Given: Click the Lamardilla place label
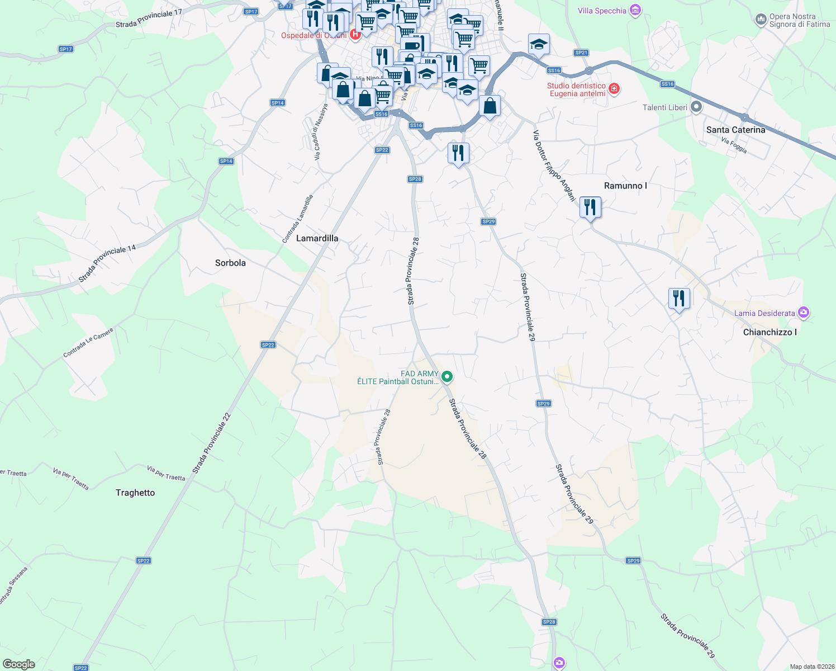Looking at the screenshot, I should coord(317,238).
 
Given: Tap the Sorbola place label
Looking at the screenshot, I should coord(230,263).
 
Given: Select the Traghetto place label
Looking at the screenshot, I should coord(135,493).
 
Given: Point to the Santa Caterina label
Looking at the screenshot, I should coord(735,130).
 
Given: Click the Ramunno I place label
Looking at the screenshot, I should coord(625,186).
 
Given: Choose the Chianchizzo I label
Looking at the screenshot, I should coord(769,332).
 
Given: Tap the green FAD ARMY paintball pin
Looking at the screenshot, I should coord(447,377).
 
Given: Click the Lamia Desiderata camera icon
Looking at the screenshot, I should coord(804,313).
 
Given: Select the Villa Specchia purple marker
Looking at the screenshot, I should coord(635,10).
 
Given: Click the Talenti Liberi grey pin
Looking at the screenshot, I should coord(696,107).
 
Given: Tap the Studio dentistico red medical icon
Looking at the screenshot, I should coord(614,89).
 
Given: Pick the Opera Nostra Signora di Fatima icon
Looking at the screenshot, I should coord(761,20).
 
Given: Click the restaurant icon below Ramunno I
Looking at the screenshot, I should coord(590,207).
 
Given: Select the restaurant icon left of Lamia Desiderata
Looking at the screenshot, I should coord(679,299).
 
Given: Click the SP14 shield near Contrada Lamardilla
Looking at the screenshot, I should coord(226,161).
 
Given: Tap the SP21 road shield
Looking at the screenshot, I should coord(581,53).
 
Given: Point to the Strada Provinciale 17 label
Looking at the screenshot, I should coord(149,18).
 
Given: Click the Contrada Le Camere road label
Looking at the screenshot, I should coord(88,343).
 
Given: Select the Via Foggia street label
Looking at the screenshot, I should coord(734,145).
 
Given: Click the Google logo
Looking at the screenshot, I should coord(19,664).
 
